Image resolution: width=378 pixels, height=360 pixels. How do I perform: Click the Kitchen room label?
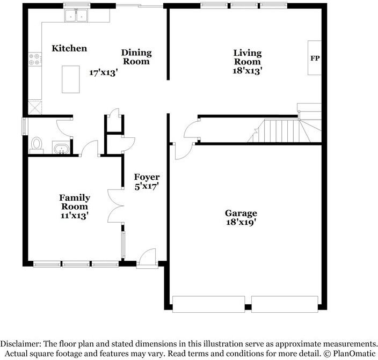pyautogui.click(x=69, y=49)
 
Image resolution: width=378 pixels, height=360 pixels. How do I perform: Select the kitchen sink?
pyautogui.click(x=77, y=17)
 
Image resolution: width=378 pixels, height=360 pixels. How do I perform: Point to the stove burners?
pyautogui.click(x=35, y=59)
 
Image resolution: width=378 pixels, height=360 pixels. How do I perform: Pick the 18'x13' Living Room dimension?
pyautogui.click(x=247, y=70)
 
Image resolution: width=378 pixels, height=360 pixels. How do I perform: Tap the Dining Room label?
pyautogui.click(x=136, y=57)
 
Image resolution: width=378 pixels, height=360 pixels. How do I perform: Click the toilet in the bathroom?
pyautogui.click(x=37, y=144)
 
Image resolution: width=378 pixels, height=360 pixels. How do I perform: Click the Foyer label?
pyautogui.click(x=147, y=177)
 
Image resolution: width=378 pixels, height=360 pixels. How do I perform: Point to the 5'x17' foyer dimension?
pyautogui.click(x=147, y=187)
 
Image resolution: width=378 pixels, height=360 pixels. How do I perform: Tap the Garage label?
pyautogui.click(x=241, y=213)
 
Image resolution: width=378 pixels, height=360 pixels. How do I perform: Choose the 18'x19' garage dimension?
pyautogui.click(x=241, y=222)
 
